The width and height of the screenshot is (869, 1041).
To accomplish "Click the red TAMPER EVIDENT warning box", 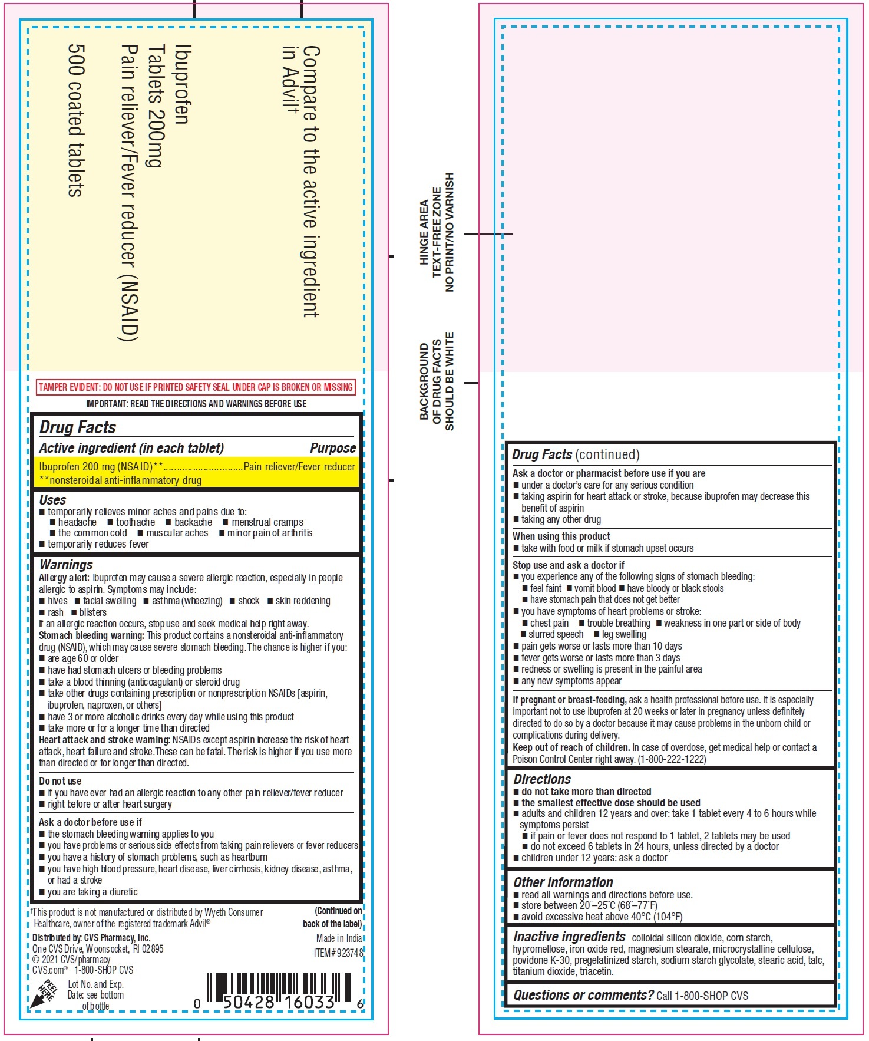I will point(196,387).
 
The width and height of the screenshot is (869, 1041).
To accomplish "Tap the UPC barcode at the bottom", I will point(278,991).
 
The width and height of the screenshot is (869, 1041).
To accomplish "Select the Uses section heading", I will point(52,500).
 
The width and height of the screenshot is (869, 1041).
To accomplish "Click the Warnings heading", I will point(66,565).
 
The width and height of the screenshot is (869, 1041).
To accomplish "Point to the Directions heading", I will point(542,779).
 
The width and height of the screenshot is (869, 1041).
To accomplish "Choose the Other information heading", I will point(563,882).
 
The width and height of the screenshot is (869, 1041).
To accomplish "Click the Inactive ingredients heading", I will point(569,937).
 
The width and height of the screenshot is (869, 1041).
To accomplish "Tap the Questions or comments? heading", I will point(583,995).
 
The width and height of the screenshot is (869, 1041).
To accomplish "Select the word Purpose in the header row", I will point(333,448).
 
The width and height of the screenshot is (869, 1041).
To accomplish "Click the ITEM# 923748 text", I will point(338,953).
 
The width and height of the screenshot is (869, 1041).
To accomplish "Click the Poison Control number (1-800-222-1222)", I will point(672,759).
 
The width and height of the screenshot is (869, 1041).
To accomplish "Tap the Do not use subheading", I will point(60,781).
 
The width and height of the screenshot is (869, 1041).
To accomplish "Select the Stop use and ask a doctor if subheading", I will point(568,565).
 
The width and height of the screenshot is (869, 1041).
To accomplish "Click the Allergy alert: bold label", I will point(64,578).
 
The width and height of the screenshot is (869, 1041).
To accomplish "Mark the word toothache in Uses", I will point(136,522).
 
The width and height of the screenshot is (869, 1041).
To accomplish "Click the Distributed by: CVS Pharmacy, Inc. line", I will point(91,938).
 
